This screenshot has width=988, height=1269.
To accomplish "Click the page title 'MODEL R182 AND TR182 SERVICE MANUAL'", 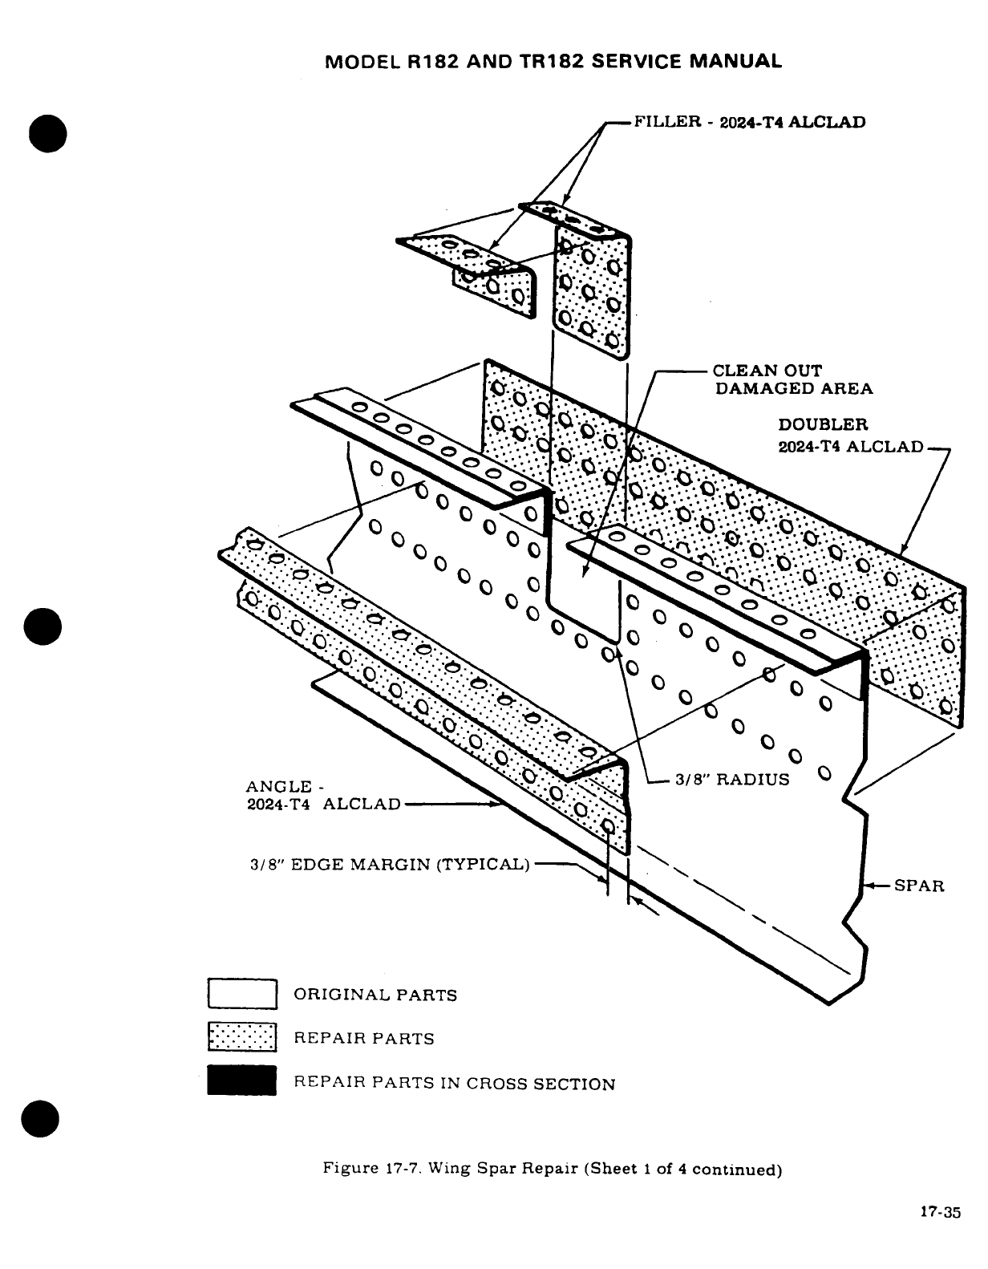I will point(554,61).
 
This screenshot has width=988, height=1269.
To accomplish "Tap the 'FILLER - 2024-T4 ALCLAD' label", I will point(750,123).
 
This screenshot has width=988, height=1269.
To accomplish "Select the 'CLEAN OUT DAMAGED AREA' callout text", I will point(792,379).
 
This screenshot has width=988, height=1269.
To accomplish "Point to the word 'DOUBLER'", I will point(823,424).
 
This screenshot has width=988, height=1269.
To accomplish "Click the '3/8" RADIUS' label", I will point(732,780).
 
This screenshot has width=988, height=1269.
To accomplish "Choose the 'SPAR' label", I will point(919,886).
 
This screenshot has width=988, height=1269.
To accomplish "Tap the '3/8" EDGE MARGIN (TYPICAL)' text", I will point(391,865).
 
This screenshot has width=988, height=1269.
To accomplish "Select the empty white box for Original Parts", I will point(242,994).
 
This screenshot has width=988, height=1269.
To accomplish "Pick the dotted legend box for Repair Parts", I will point(242,1038).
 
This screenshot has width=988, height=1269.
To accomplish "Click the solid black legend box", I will point(242,1080).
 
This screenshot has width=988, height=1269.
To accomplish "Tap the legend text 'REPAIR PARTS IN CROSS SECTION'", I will point(455,1084).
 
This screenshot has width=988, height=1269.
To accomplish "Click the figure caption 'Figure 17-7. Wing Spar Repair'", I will point(552,1169).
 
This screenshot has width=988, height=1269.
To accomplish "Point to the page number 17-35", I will point(940,1213).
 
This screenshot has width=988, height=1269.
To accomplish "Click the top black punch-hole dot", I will point(47,134).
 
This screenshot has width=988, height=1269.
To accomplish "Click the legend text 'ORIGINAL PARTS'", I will point(375,995).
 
